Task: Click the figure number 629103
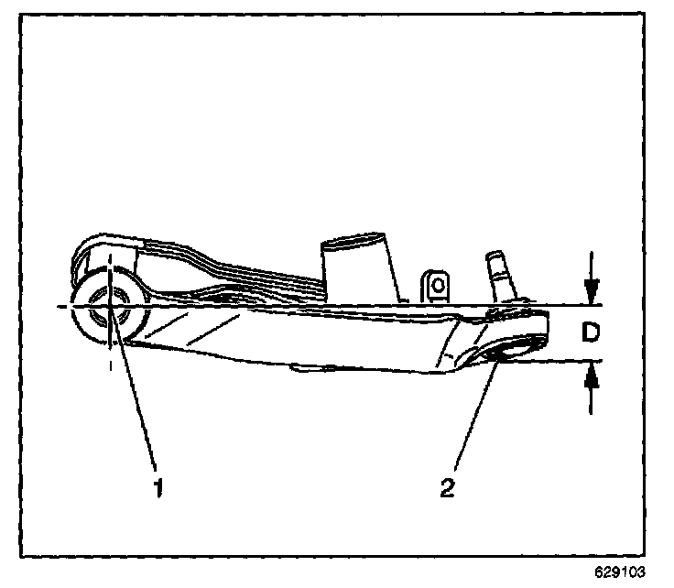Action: (x=620, y=572)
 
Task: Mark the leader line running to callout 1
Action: (x=134, y=394)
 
